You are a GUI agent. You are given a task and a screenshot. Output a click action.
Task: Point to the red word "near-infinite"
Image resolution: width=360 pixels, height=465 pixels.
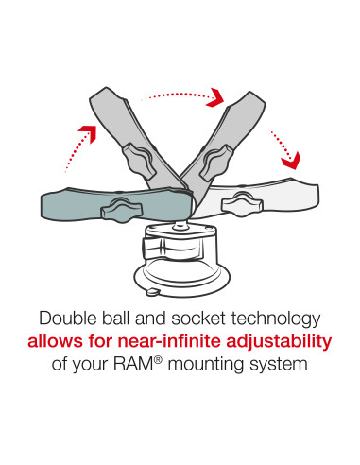[x=163, y=340]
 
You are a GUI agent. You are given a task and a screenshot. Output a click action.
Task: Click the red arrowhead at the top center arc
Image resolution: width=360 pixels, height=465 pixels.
[x=218, y=97]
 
